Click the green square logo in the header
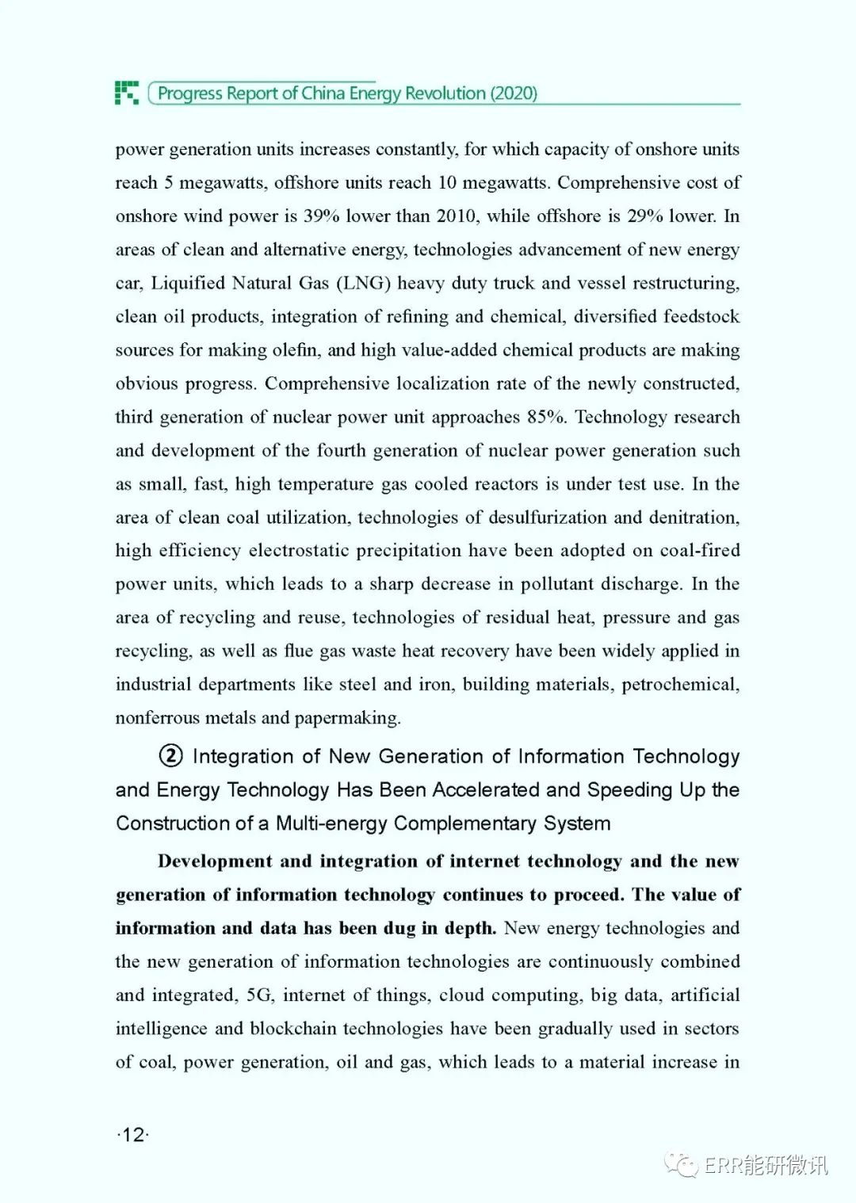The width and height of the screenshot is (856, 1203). [127, 93]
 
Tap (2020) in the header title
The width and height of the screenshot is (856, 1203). [514, 94]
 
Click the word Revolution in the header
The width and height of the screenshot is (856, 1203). [445, 94]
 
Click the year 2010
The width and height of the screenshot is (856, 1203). [457, 216]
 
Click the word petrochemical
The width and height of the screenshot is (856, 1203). [679, 685]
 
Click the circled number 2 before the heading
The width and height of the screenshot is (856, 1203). [170, 756]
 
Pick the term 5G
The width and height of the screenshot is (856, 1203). [260, 995]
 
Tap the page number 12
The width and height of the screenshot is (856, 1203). [133, 1135]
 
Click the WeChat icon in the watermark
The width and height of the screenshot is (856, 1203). [681, 1165]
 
